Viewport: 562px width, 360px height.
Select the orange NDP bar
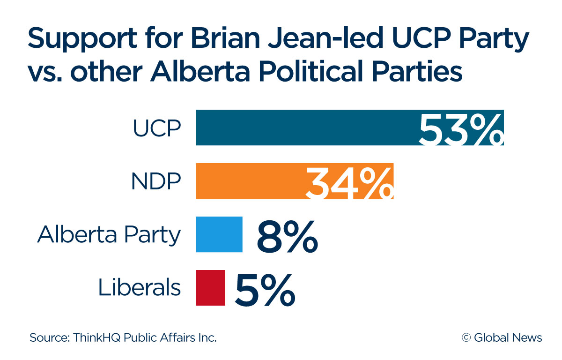tap(248, 181)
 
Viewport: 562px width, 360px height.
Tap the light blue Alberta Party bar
tap(219, 234)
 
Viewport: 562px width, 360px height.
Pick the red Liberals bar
tap(210, 288)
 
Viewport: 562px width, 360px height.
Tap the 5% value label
tap(265, 290)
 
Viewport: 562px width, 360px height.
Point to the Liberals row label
tap(139, 288)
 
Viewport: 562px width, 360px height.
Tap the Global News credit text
tap(508, 337)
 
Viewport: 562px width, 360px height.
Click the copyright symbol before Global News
tap(466, 337)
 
